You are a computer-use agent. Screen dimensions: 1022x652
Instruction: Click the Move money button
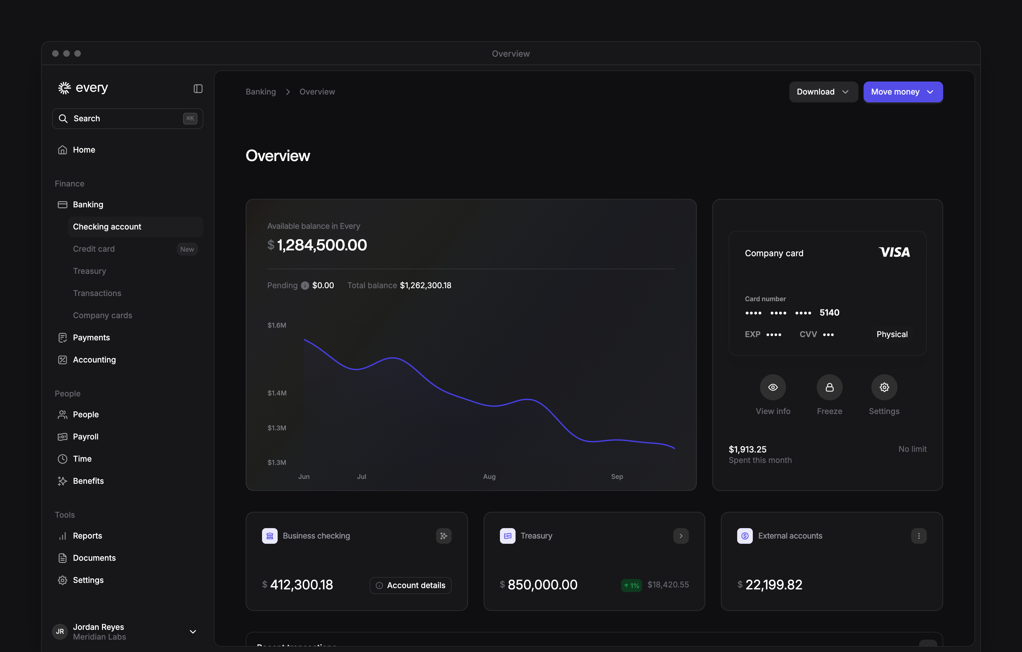[903, 92]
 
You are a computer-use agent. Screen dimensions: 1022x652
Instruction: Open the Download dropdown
[823, 92]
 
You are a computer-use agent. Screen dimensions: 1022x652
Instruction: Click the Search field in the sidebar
[127, 118]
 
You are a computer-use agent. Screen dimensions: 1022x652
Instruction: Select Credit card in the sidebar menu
[94, 249]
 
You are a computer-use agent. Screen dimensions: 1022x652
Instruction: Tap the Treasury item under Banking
[90, 271]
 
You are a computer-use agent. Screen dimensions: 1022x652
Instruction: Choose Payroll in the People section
[85, 437]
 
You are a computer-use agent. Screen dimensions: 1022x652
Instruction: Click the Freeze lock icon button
[829, 387]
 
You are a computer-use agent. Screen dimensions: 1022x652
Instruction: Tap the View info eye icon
[773, 387]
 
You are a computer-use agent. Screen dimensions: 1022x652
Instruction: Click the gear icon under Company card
[884, 387]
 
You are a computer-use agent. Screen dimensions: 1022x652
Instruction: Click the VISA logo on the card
[894, 252]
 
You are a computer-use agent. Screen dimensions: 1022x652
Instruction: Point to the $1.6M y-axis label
[277, 325]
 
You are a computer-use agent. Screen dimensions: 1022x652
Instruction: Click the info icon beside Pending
[305, 286]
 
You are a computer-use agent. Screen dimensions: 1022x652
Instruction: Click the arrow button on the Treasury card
[681, 536]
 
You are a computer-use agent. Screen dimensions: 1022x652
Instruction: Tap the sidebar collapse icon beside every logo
[198, 88]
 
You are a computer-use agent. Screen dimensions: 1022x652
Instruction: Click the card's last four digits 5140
[829, 312]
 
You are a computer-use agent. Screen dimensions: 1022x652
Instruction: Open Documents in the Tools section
[94, 558]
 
